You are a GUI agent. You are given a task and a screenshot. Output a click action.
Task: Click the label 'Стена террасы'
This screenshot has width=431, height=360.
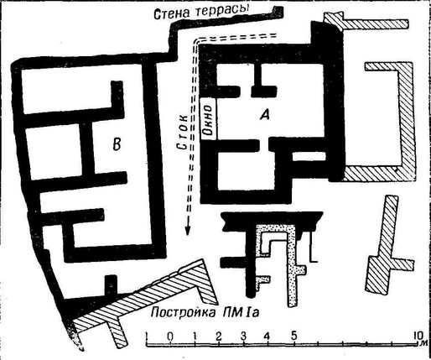(x=201, y=12)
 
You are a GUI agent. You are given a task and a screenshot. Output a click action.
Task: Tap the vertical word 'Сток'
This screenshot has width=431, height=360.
(x=182, y=132)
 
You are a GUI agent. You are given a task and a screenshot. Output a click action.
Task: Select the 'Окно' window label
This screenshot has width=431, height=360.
(x=210, y=119)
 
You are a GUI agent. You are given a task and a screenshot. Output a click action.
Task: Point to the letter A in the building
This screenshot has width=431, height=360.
(x=265, y=114)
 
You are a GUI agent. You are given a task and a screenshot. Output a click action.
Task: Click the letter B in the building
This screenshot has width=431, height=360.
(x=116, y=143)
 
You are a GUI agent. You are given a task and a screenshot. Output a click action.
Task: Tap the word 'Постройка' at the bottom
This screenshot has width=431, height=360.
(x=183, y=313)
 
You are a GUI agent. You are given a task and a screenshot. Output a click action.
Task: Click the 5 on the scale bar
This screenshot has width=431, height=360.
(x=293, y=335)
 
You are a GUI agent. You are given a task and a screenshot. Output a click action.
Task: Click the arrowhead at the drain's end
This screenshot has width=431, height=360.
(x=188, y=230)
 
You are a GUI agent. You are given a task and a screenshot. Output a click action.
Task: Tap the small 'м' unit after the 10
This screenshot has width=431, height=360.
(x=425, y=342)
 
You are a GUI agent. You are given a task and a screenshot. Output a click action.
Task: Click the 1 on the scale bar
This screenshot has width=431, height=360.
(x=195, y=336)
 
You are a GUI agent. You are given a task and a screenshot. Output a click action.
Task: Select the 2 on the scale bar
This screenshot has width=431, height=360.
(x=219, y=336)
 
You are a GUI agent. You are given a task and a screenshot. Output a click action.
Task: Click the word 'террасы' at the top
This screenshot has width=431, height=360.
(x=222, y=11)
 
